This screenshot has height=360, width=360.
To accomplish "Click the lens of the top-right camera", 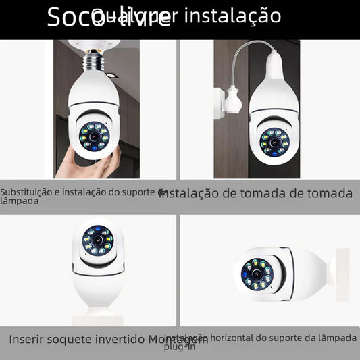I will point(275,142).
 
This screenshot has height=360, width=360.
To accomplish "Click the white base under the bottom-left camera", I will point(99,313).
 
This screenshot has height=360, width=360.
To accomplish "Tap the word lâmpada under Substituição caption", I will point(19,201).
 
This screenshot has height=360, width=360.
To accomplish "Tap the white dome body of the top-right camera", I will point(274,108).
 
